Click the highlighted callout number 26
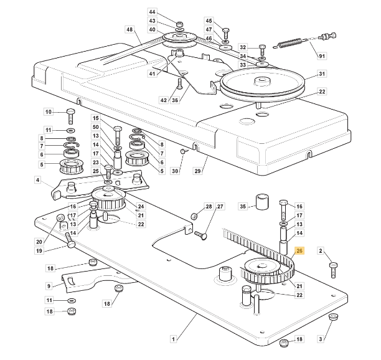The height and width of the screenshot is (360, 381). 299,251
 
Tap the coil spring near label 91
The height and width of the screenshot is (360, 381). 290,44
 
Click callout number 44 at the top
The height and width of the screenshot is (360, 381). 153,12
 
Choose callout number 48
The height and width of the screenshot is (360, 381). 129,30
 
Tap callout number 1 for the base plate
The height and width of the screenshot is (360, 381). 172,339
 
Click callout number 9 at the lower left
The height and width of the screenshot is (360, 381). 49,286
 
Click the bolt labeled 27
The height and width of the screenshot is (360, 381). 202,234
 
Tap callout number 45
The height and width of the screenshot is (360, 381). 209,21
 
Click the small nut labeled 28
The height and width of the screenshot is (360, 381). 194,215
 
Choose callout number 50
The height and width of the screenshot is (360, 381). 96,127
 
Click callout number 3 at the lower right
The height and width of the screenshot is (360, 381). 321,339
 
